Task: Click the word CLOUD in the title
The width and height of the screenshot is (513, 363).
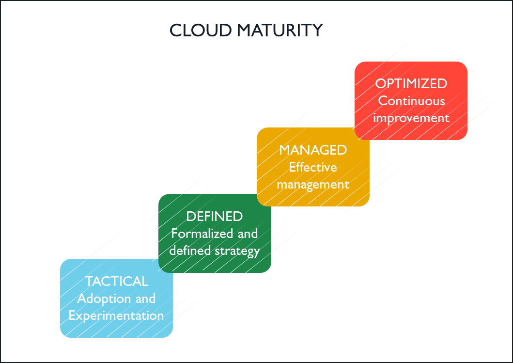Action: coord(201,31)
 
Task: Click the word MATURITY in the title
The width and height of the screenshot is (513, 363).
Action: coord(280,31)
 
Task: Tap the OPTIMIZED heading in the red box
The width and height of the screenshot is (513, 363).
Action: coord(411,84)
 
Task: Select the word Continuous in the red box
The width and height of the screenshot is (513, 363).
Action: coord(412,101)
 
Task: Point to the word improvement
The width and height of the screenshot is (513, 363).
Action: coord(411,118)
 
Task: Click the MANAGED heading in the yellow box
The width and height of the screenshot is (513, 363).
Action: coord(313,150)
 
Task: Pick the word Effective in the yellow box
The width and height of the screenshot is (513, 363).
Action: coord(313,167)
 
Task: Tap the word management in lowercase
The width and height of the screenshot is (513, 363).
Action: coord(313,185)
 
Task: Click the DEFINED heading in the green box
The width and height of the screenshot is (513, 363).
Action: coord(215,217)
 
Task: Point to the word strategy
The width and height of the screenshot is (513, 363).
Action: coord(237,252)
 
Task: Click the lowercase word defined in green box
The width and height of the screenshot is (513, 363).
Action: coord(190,251)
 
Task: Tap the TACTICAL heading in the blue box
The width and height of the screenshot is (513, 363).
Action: coord(117,282)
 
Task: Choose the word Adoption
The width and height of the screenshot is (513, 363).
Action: coord(104,299)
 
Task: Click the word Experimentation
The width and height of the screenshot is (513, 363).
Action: coord(116,316)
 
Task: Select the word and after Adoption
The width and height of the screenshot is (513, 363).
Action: coord(146,299)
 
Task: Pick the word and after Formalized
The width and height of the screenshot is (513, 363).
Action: coord(248,234)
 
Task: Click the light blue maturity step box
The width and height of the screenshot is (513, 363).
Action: coord(116,298)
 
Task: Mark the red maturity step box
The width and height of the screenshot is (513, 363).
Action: coord(411,101)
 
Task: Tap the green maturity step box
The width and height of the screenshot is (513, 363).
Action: coord(215,234)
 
